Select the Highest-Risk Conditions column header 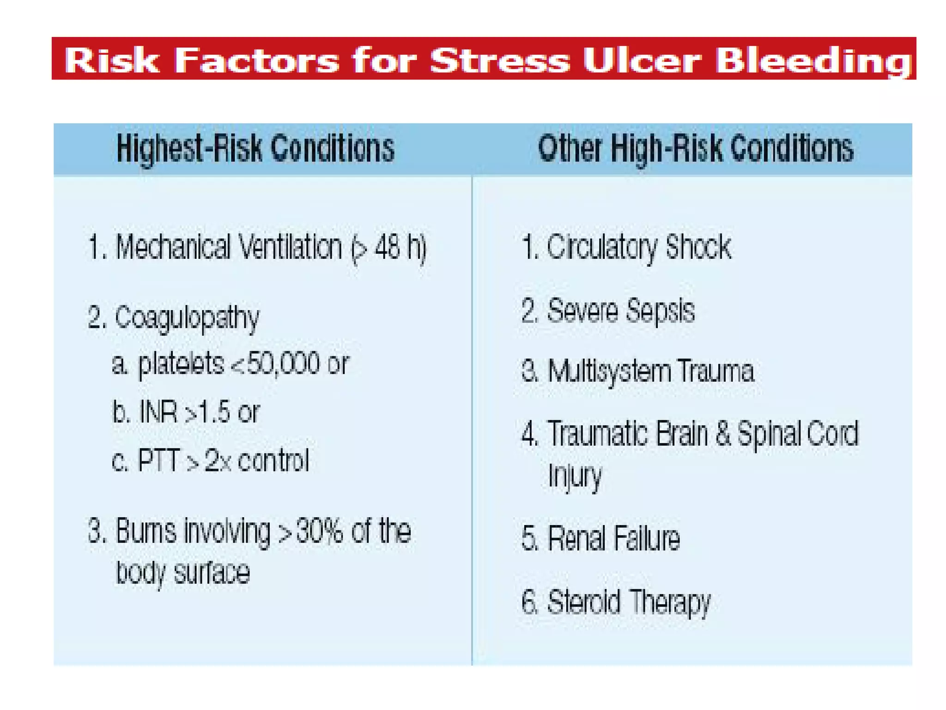tap(255, 149)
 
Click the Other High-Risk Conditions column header tap(696, 149)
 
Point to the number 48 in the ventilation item tap(387, 247)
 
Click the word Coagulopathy tap(187, 318)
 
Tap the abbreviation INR tap(158, 411)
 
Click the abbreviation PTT tap(158, 460)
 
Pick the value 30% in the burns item tap(319, 531)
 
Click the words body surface tap(183, 573)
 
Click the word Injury tap(575, 476)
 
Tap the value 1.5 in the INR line tap(214, 412)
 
